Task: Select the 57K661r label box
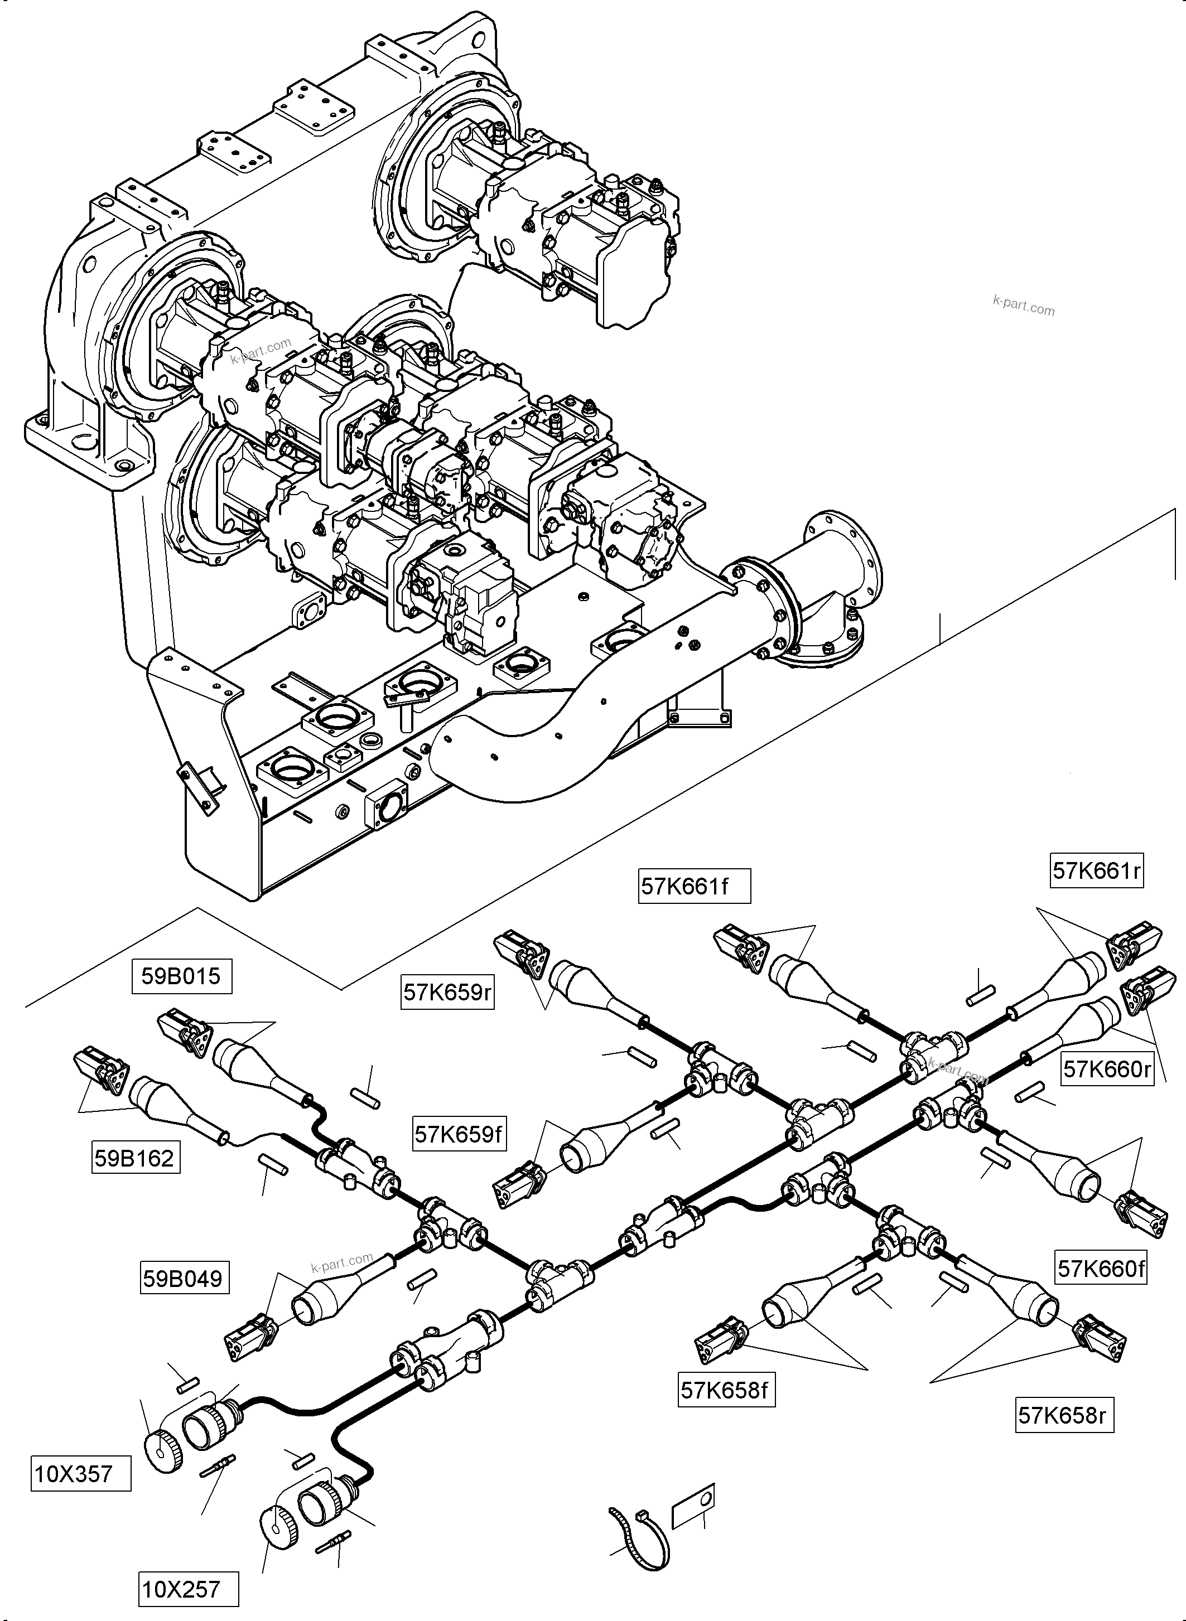[x=1096, y=870]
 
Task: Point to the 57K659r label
[x=447, y=993]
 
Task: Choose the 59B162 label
[x=135, y=1158]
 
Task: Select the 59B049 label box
[x=183, y=1278]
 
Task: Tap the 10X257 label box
[x=187, y=1589]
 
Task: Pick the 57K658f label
[x=726, y=1390]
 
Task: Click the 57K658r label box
[x=1064, y=1415]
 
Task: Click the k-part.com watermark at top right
[x=1024, y=306]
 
